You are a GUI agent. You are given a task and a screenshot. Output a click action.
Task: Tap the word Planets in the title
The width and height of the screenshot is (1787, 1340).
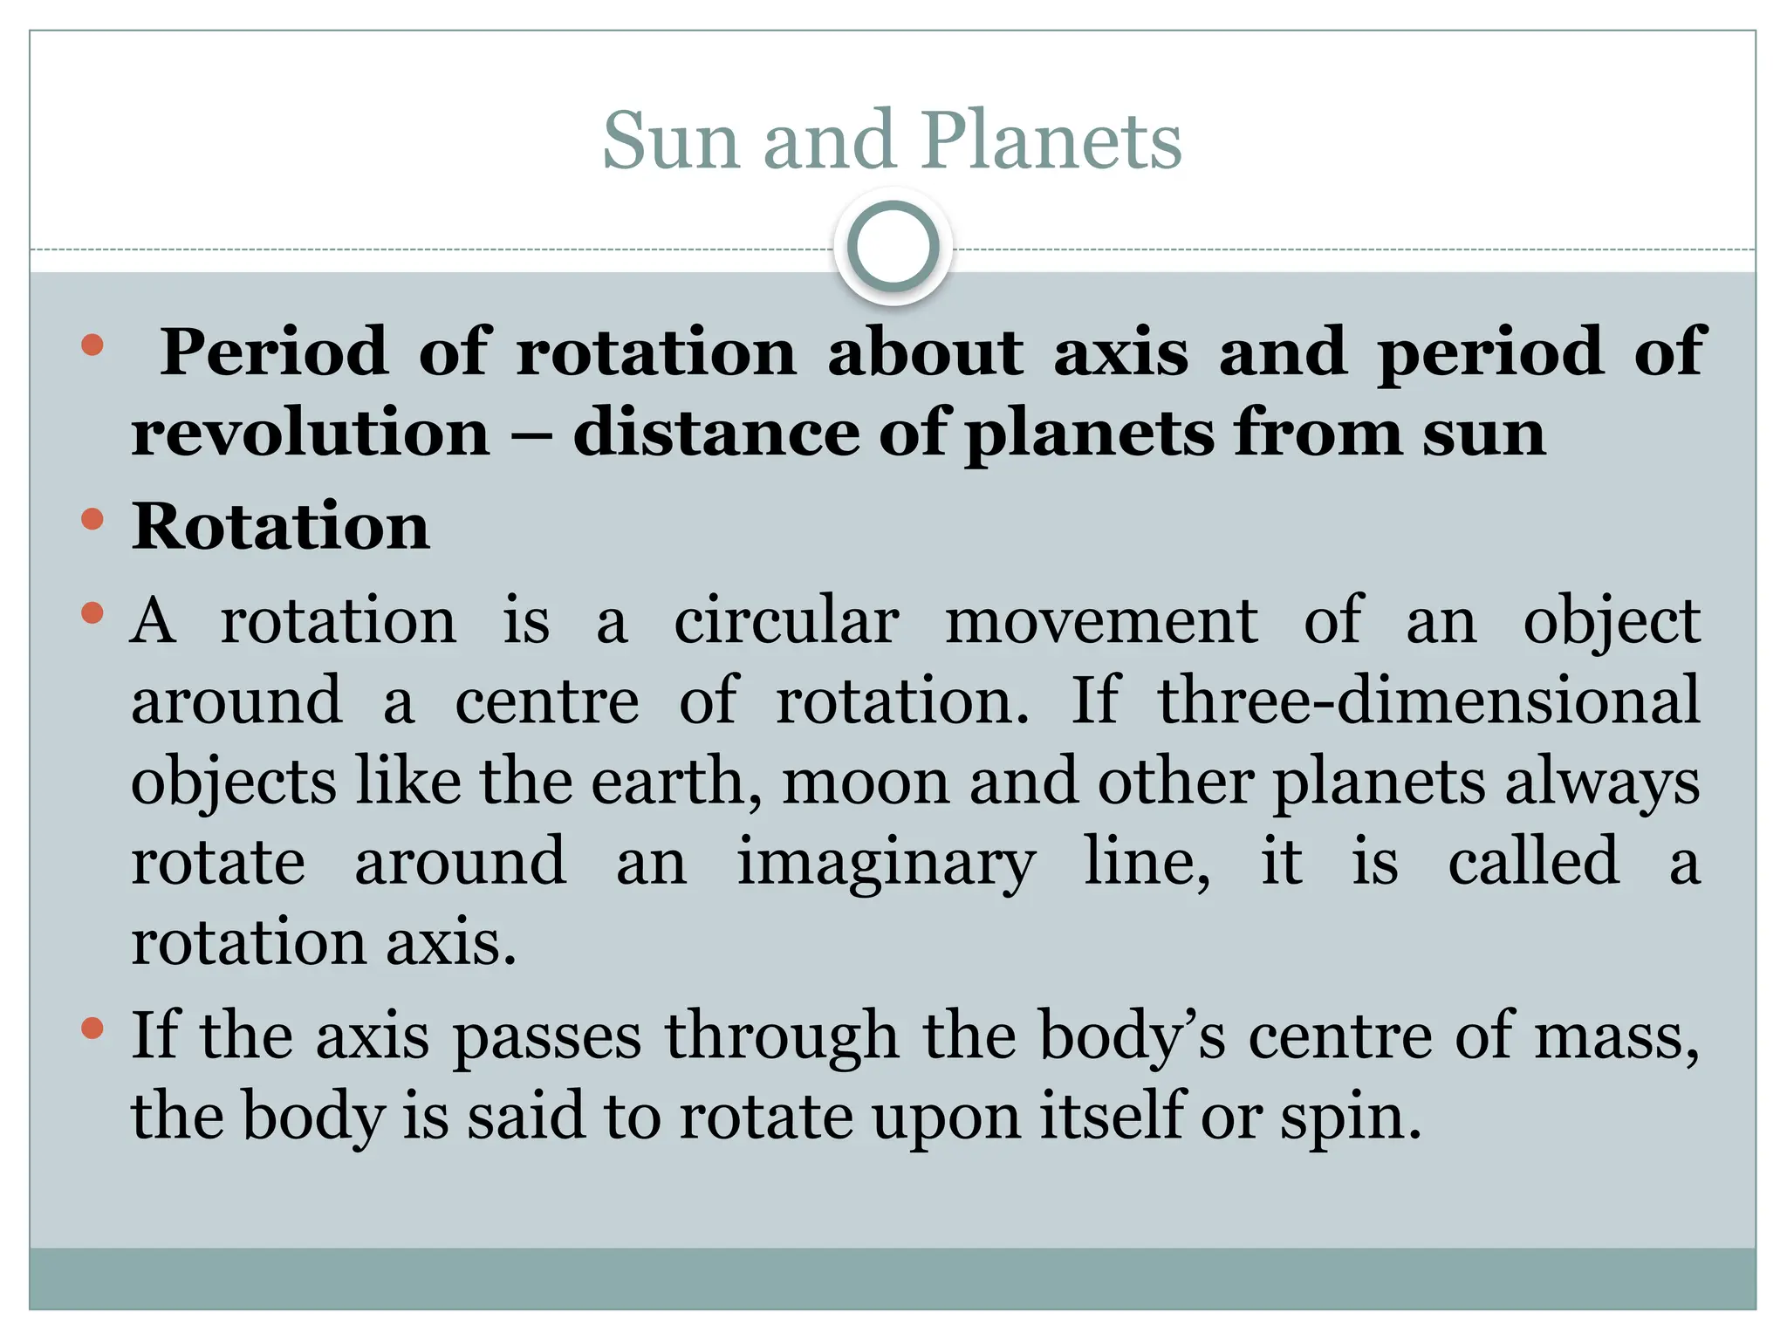pyautogui.click(x=1051, y=141)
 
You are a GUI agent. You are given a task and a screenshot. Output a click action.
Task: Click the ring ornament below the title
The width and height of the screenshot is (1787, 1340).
pyautogui.click(x=893, y=247)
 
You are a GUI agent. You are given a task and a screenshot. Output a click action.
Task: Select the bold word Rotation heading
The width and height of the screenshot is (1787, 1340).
pyautogui.click(x=280, y=527)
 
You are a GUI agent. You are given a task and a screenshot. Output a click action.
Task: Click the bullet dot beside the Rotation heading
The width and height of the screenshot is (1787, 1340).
pyautogui.click(x=92, y=521)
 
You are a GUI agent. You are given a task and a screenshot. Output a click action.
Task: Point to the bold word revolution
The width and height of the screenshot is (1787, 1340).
pyautogui.click(x=311, y=434)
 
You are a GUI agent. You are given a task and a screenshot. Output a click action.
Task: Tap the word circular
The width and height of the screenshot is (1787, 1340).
pyautogui.click(x=786, y=622)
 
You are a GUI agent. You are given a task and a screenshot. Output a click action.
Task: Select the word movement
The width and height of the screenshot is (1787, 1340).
pyautogui.click(x=1101, y=622)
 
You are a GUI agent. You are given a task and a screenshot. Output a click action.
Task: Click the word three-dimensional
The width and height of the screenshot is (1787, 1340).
pyautogui.click(x=1428, y=701)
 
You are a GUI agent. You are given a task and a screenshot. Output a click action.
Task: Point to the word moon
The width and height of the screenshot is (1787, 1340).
pyautogui.click(x=865, y=782)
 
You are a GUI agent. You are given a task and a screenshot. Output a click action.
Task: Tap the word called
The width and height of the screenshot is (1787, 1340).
pyautogui.click(x=1533, y=862)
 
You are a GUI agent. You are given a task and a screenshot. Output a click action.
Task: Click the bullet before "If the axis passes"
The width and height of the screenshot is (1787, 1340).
pyautogui.click(x=92, y=1029)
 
